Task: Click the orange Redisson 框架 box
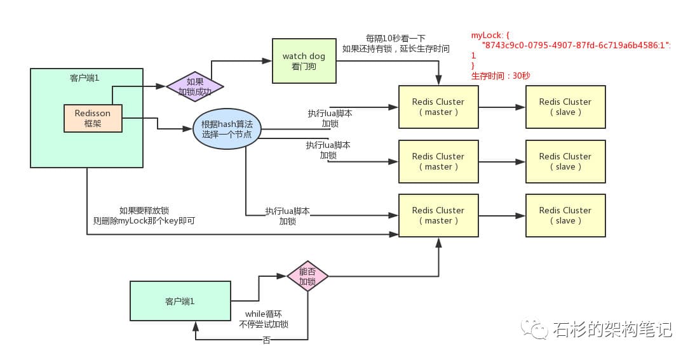pos(93,118)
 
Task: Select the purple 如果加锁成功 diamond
pos(194,86)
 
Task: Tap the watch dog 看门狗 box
pos(304,61)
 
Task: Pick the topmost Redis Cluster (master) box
pos(438,107)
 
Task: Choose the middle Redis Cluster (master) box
pos(438,161)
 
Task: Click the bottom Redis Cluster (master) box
pos(438,216)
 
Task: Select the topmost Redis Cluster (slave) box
pos(565,107)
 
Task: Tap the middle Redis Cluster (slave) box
pos(565,161)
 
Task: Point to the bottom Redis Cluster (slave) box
pos(565,216)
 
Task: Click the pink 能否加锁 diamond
pos(307,276)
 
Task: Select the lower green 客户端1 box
pos(180,302)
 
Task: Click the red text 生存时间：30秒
pos(501,76)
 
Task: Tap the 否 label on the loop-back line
pos(266,340)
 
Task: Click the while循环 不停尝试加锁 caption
pos(264,319)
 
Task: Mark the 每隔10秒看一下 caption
pos(395,38)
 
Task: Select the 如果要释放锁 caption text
pos(144,210)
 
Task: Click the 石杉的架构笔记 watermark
pos(611,329)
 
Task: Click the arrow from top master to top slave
pos(502,107)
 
